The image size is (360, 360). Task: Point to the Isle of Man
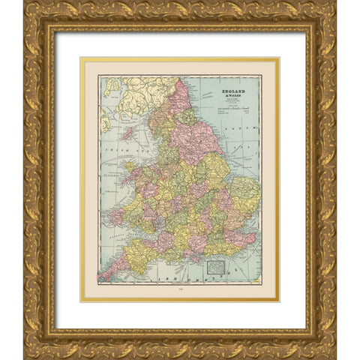127,133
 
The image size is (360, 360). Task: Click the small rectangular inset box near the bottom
216,265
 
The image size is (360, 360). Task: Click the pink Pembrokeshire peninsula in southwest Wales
117,217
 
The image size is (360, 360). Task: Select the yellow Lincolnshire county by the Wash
217,169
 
